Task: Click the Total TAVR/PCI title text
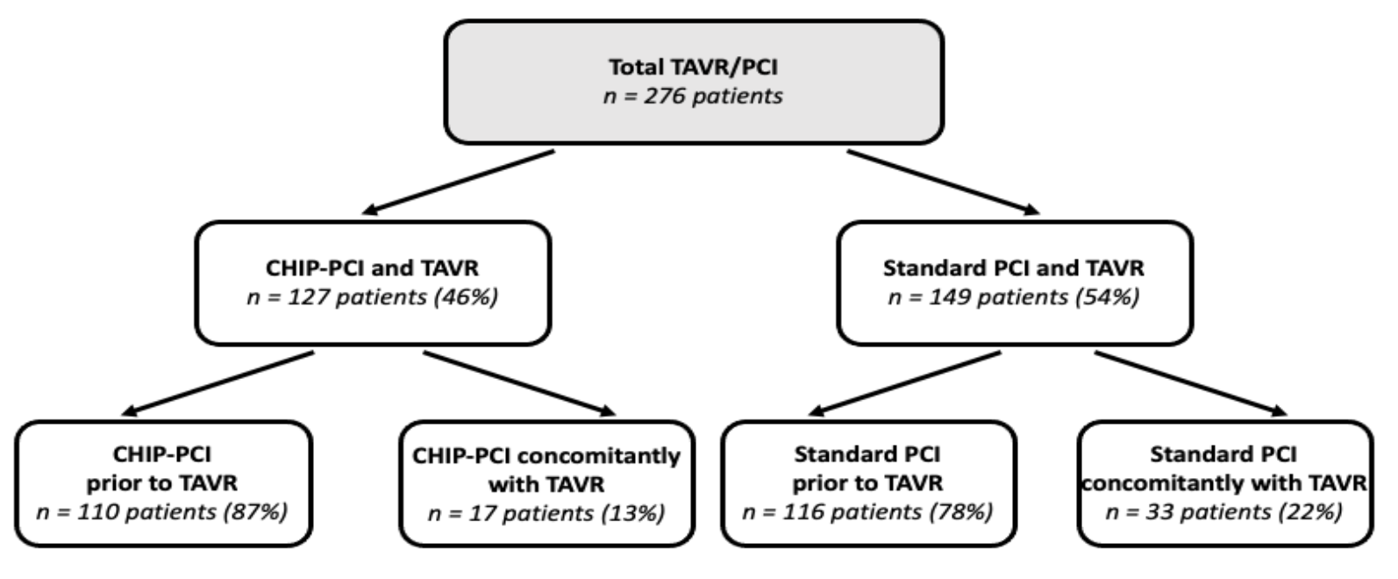(x=694, y=68)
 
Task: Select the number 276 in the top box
(x=663, y=96)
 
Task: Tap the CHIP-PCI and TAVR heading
(x=373, y=268)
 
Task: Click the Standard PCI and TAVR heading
(x=1014, y=268)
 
